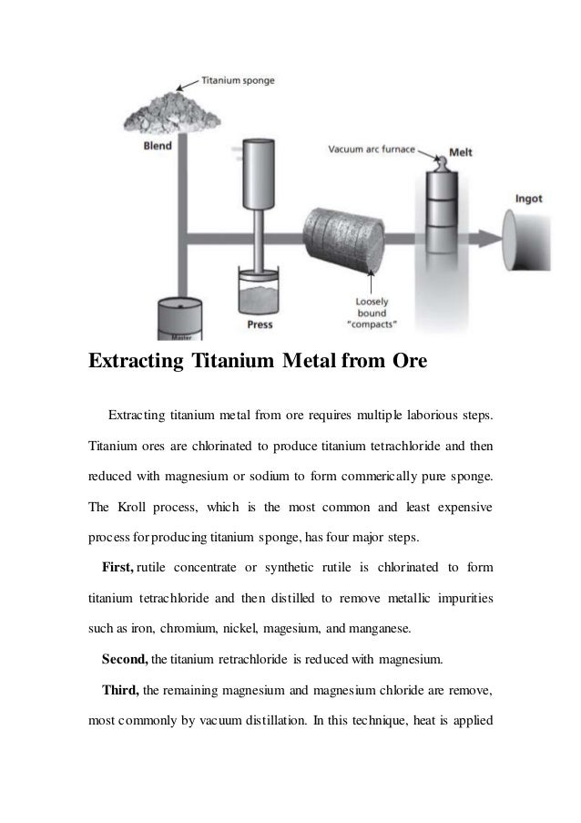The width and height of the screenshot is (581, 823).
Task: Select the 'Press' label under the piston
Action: [260, 323]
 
